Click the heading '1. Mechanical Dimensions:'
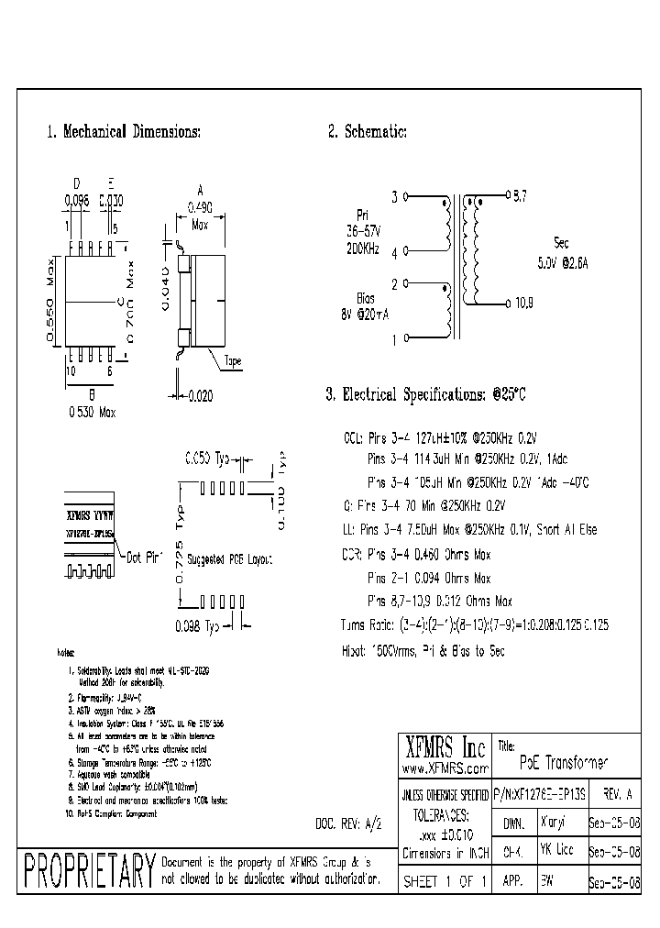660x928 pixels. click(123, 132)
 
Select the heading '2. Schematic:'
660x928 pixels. click(368, 132)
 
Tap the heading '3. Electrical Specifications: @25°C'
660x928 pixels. click(426, 395)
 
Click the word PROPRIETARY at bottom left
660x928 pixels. click(88, 870)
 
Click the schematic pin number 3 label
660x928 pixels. click(395, 196)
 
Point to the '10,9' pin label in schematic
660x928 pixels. click(523, 304)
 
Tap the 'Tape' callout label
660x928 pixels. click(233, 362)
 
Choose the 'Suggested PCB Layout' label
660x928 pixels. click(229, 558)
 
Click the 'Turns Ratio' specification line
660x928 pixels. click(474, 624)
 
